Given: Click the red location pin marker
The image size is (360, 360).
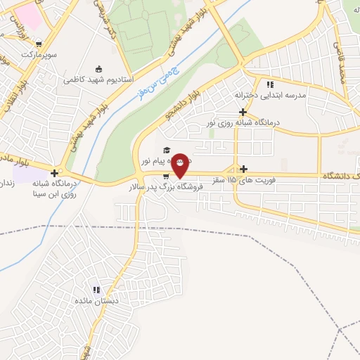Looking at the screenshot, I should [180, 165].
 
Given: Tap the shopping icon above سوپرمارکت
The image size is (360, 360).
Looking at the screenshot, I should [47, 44].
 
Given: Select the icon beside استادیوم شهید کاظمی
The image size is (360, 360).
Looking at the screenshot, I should [98, 69].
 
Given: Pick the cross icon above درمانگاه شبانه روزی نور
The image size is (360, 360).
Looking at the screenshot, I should [243, 112].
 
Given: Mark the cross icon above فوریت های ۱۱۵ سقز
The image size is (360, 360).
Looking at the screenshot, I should [244, 169].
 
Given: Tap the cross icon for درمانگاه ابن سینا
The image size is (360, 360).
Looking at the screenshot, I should [55, 172].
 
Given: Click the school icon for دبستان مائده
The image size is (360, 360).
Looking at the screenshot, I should [97, 290].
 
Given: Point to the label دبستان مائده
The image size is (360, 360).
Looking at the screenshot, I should [85, 301].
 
